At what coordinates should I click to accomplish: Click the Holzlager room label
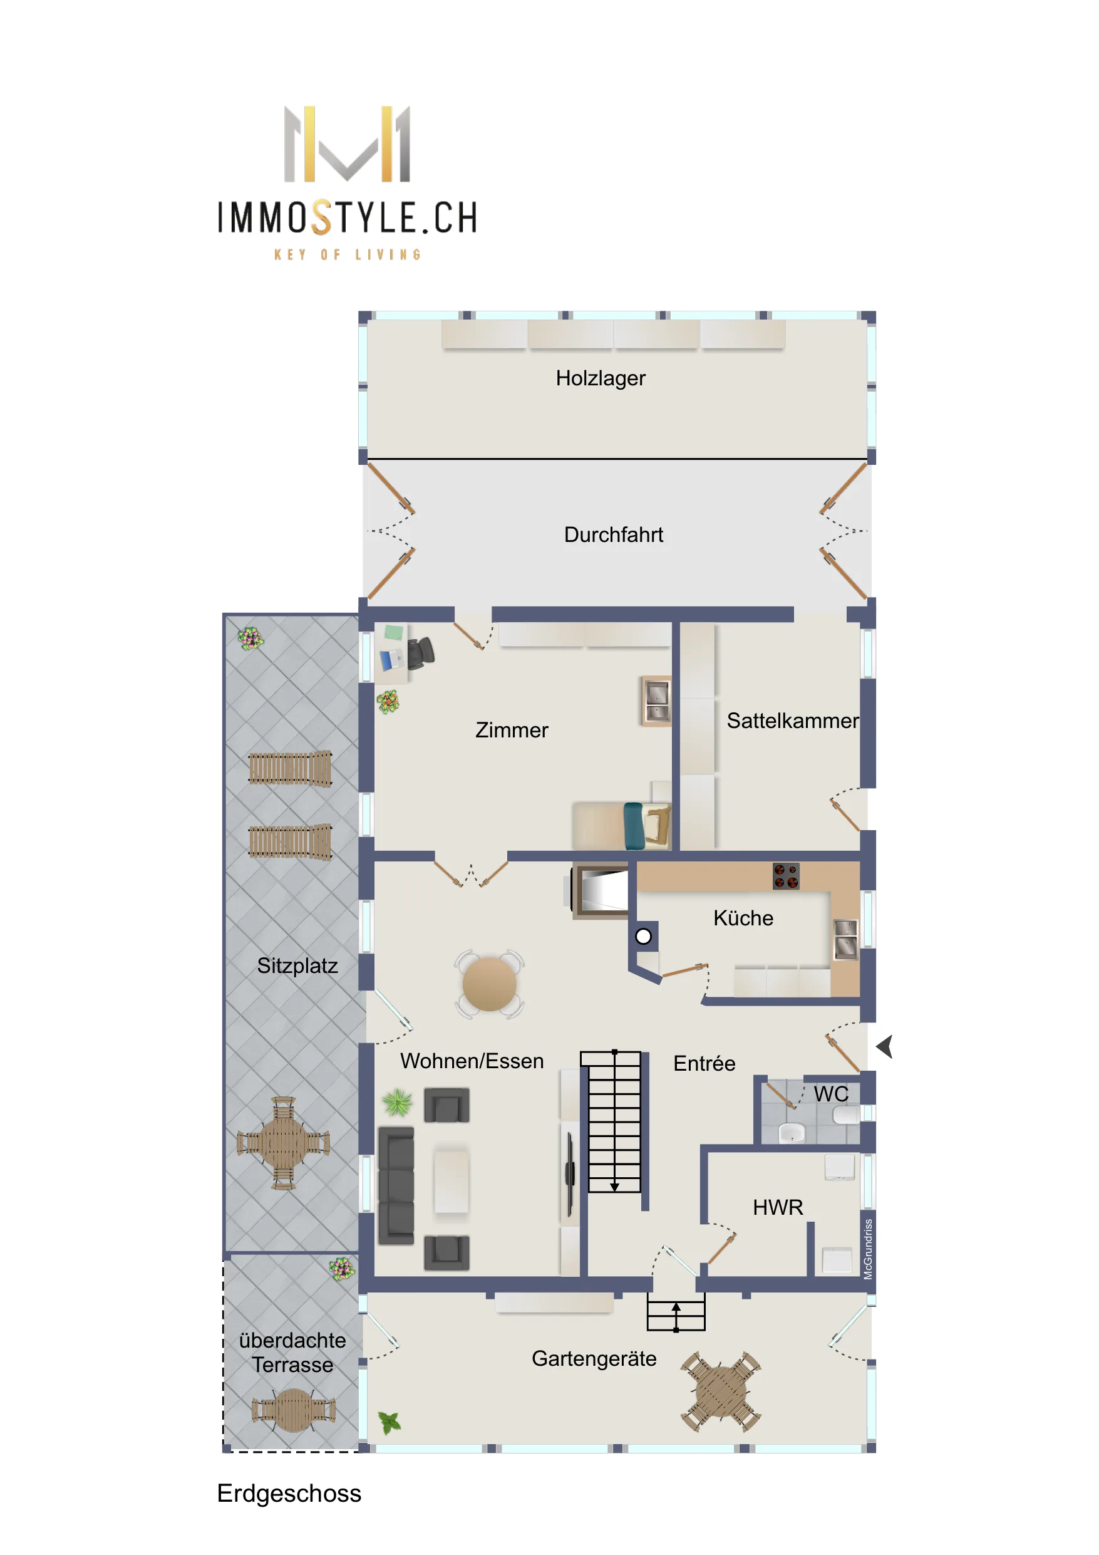[600, 378]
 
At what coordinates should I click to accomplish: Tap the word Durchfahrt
[614, 534]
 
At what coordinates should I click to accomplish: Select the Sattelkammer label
[792, 720]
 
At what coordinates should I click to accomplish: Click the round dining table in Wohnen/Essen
[489, 984]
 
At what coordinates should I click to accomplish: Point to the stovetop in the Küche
[785, 876]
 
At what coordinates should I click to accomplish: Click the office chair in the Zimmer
[421, 653]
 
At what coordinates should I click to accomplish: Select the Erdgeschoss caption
[289, 1494]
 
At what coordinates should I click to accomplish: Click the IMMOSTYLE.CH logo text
[348, 217]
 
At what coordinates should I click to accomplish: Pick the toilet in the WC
[846, 1114]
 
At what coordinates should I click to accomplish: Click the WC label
[831, 1094]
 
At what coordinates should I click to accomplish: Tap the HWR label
[778, 1207]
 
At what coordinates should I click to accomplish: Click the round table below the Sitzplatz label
[283, 1143]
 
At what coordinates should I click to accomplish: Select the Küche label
[743, 918]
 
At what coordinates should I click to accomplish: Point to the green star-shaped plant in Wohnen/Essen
[398, 1103]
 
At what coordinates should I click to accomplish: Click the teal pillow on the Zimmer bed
[633, 826]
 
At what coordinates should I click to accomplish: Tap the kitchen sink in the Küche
[846, 939]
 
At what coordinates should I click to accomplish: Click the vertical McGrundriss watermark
[868, 1249]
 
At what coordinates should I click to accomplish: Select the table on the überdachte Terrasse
[293, 1410]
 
